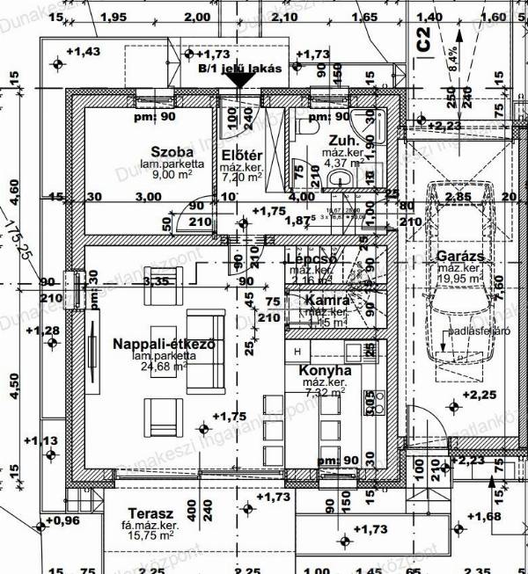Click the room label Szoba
click(172, 150)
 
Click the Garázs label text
click(457, 257)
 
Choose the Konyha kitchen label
click(325, 371)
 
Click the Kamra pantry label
click(327, 301)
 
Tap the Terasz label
click(149, 513)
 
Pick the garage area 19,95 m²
click(460, 279)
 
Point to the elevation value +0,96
click(61, 521)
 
